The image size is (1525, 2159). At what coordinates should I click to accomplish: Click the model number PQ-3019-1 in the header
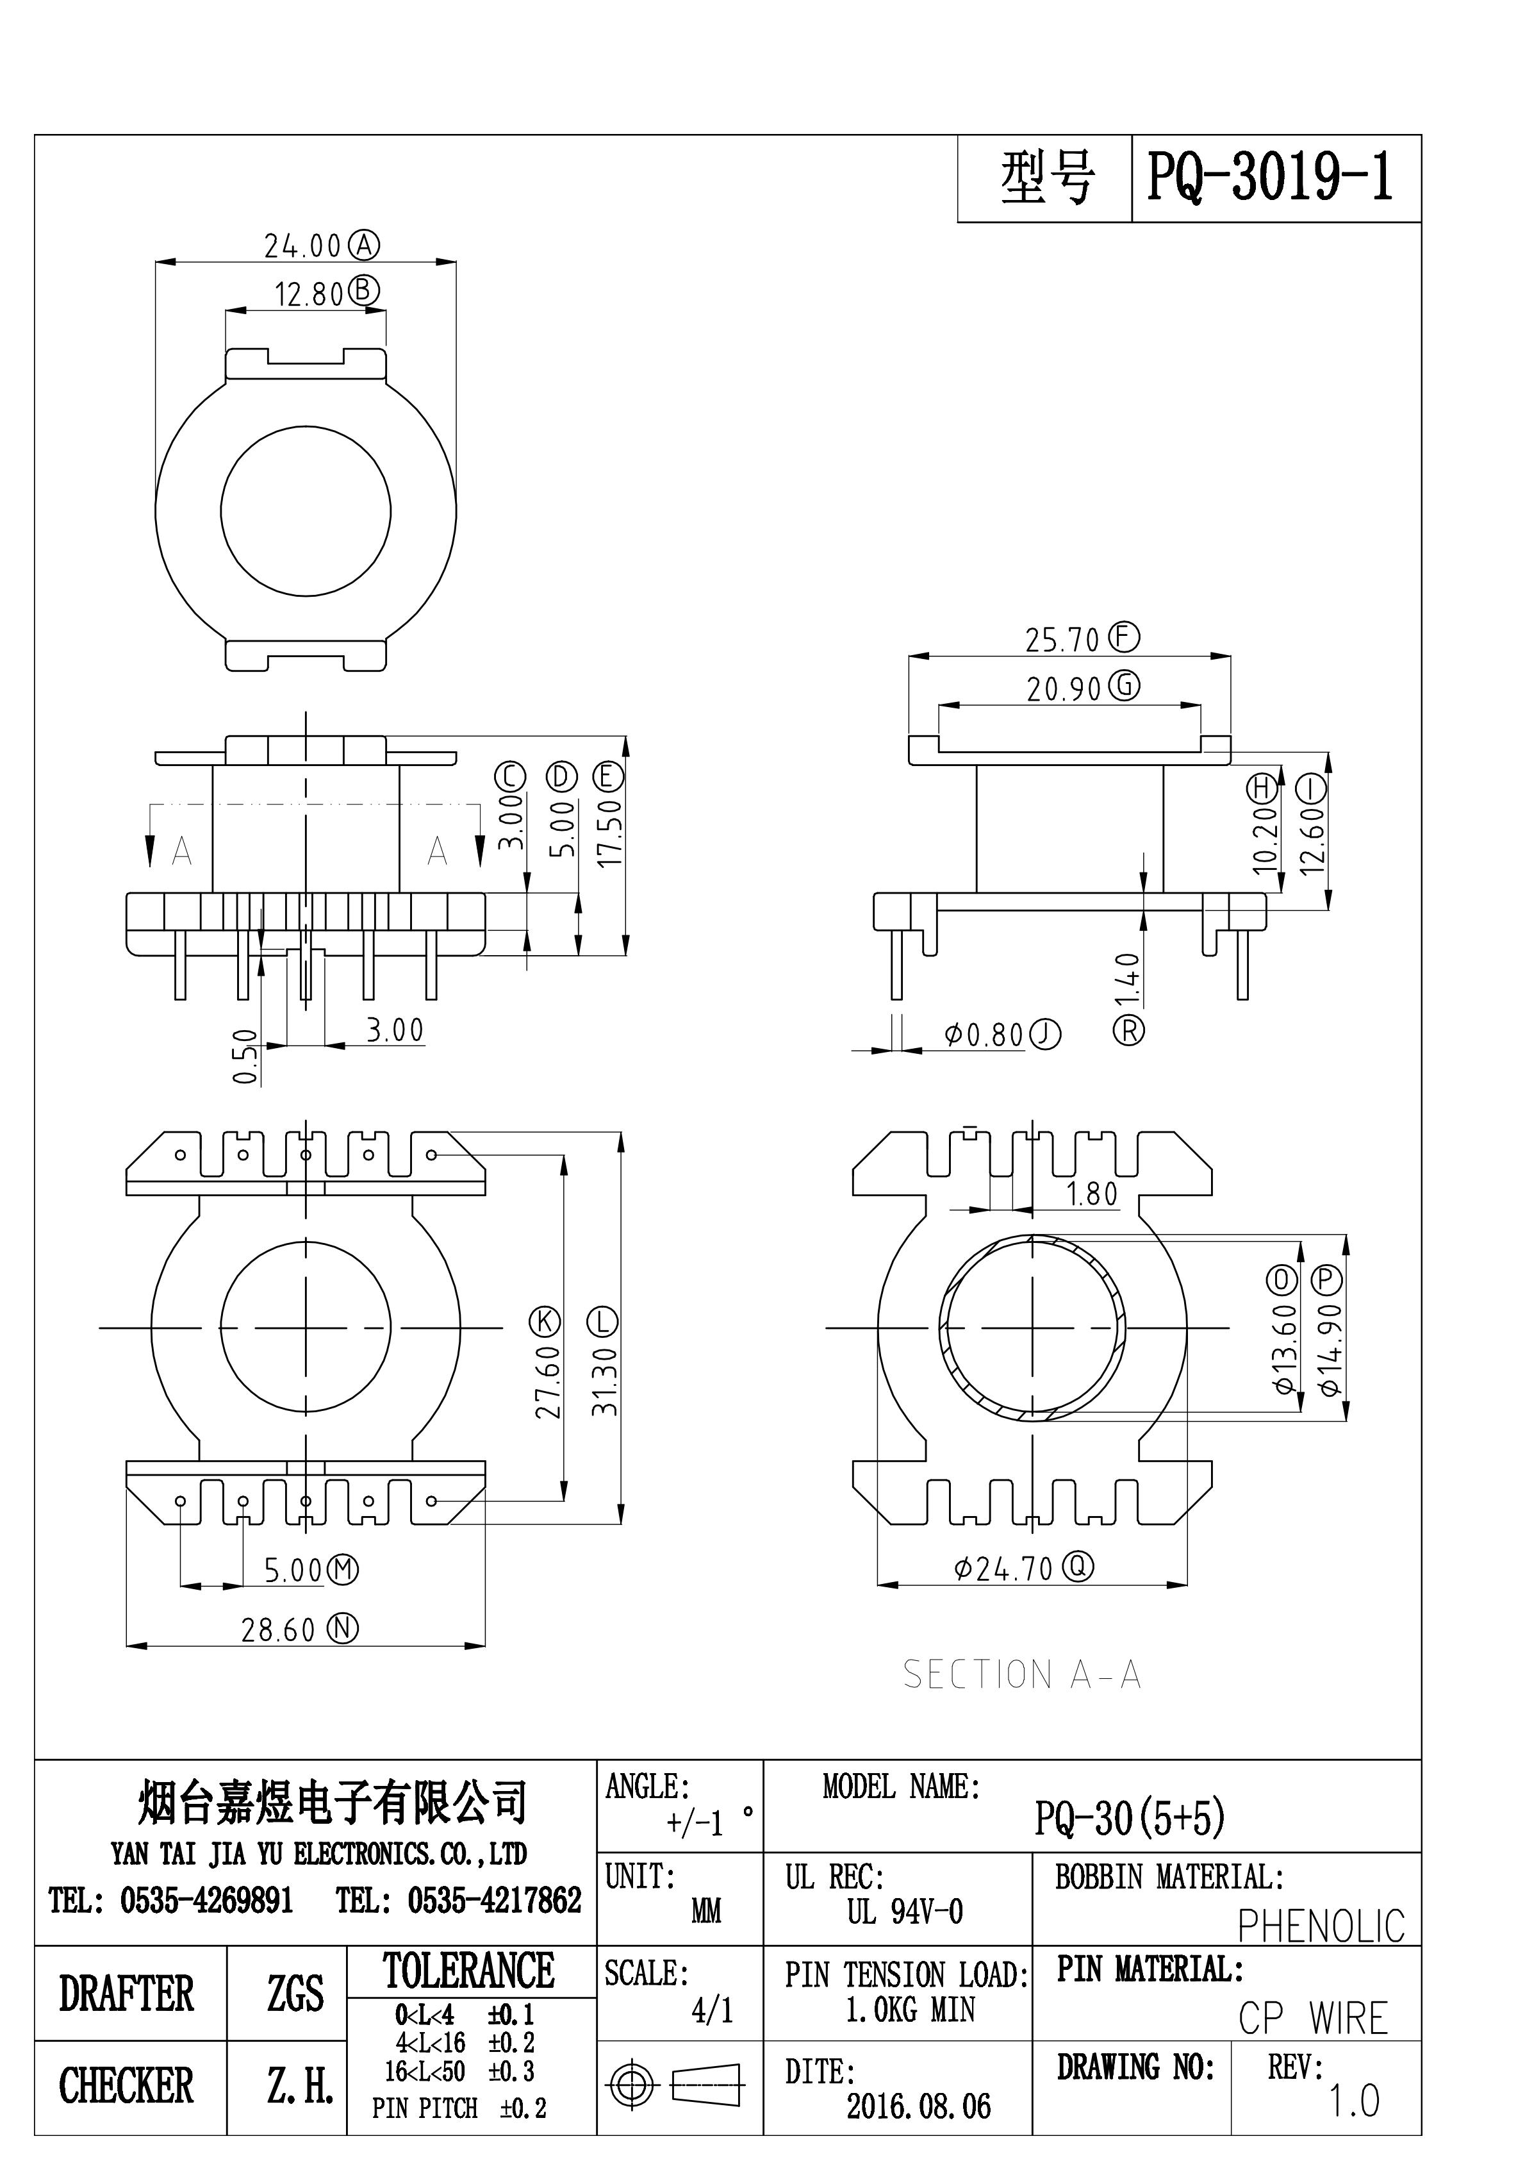click(x=1270, y=178)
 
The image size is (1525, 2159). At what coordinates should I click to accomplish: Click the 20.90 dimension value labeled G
click(x=1064, y=689)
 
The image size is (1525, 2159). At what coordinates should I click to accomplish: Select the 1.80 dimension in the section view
click(x=1092, y=1194)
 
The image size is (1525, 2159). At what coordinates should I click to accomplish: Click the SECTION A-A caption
click(x=1022, y=1675)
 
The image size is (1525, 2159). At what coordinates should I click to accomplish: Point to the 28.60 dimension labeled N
click(x=278, y=1630)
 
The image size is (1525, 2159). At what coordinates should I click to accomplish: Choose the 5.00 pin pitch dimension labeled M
click(x=292, y=1571)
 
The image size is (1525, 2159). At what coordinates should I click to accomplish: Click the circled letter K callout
click(x=545, y=1321)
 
